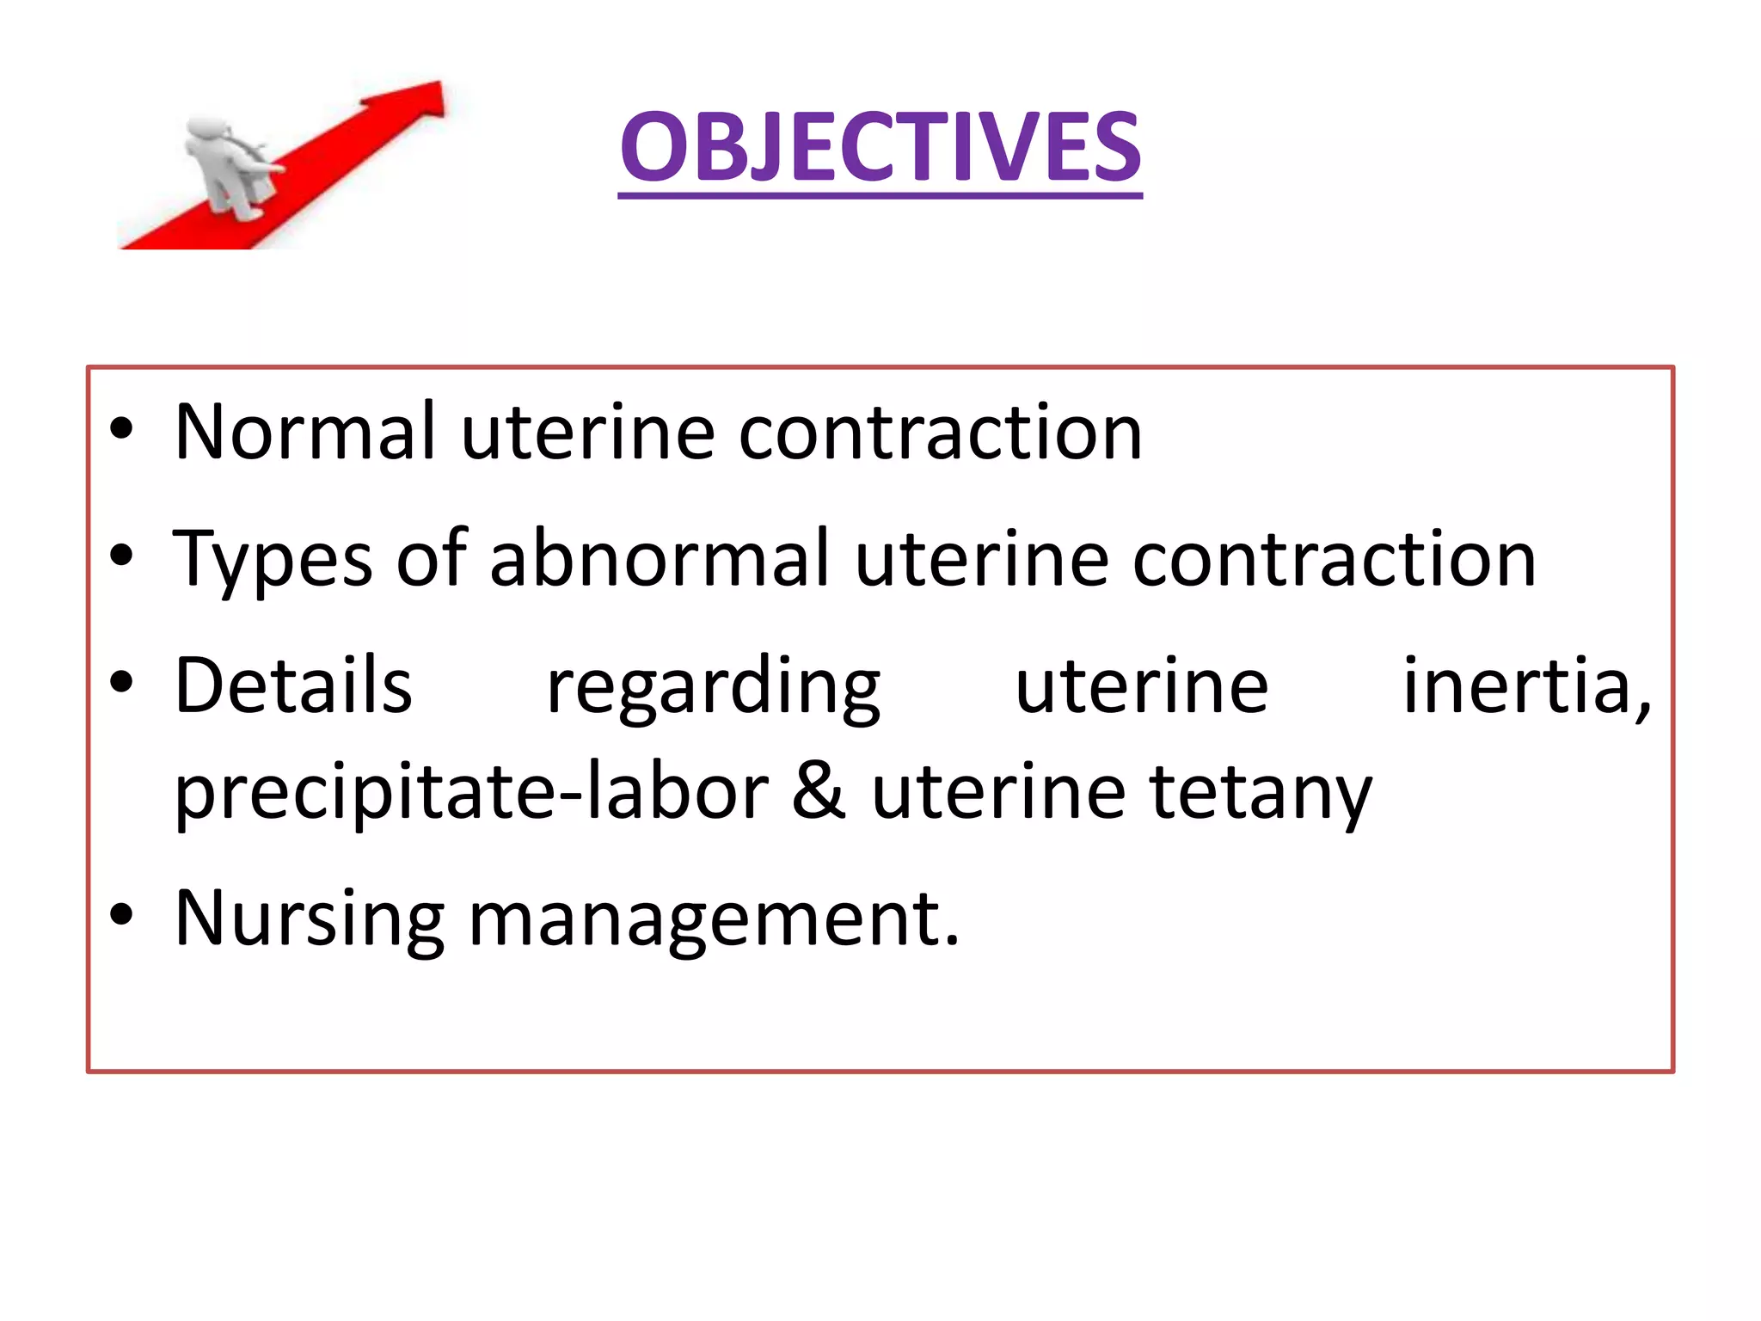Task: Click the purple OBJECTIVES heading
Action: point(880,148)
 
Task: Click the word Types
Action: point(272,560)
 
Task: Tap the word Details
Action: point(293,685)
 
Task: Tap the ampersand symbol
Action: point(819,791)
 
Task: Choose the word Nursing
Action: point(309,919)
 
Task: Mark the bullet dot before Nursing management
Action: point(121,915)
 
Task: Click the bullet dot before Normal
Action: point(121,427)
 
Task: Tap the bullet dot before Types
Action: point(121,556)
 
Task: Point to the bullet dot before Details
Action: point(121,682)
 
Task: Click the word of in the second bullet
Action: point(432,558)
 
